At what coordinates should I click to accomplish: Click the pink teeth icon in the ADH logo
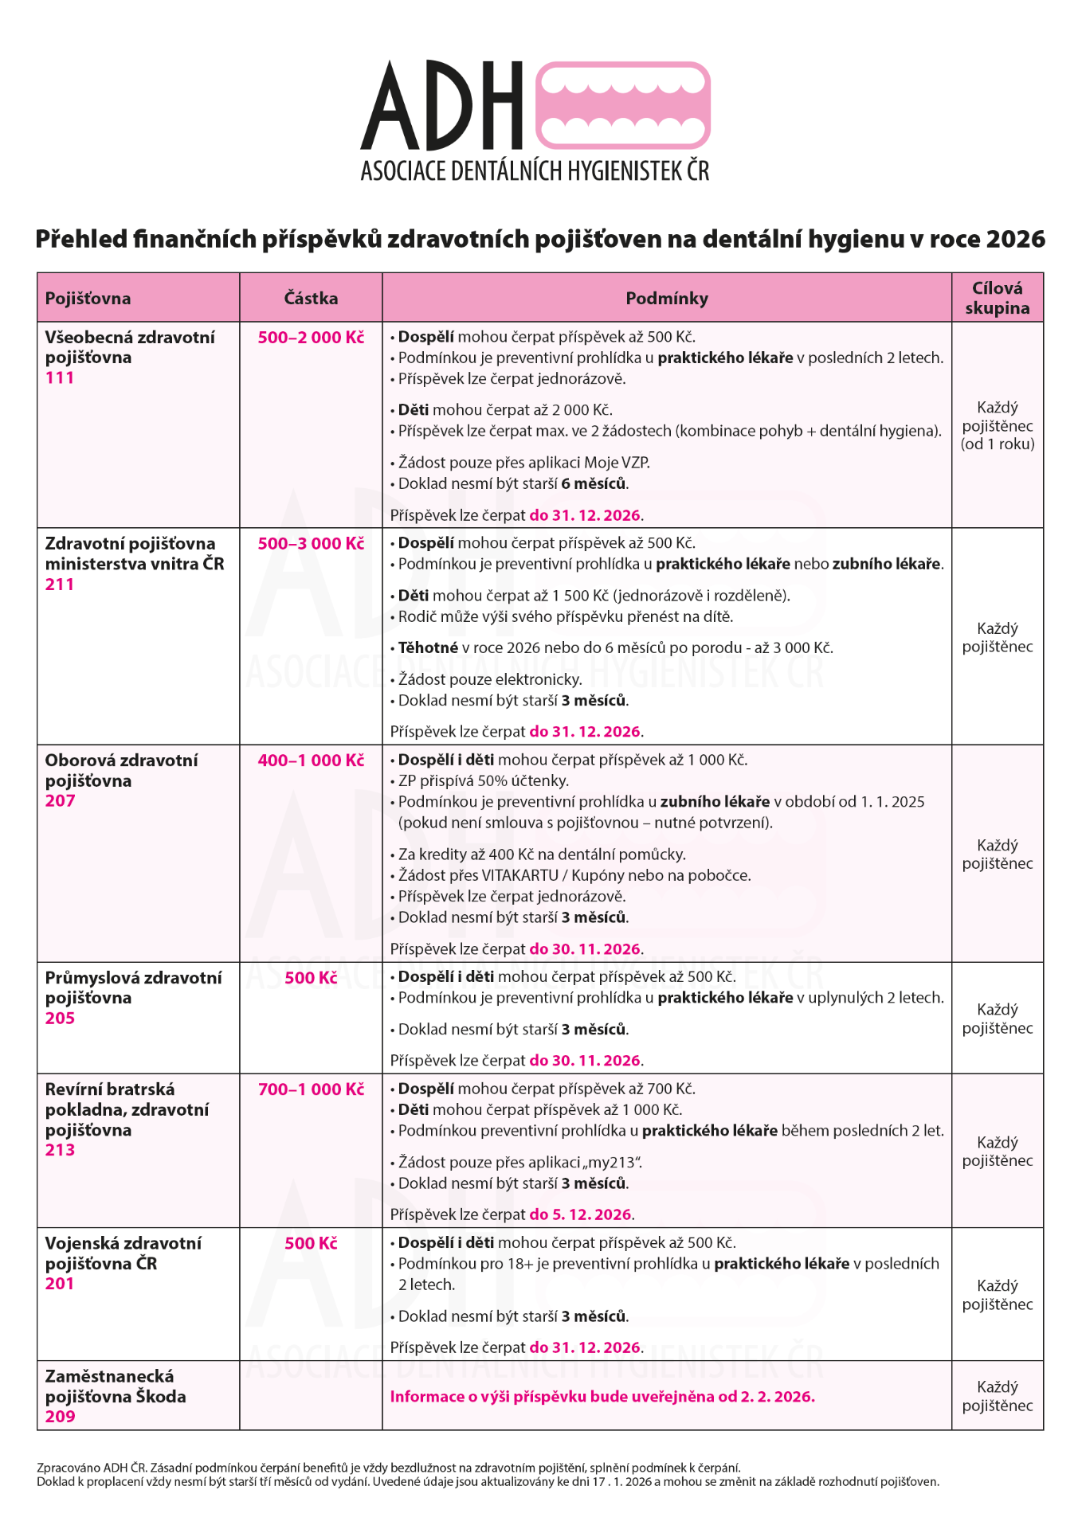click(622, 105)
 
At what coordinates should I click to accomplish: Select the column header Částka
click(311, 299)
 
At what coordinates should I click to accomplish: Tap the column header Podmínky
click(667, 299)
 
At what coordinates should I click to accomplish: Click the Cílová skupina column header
click(997, 298)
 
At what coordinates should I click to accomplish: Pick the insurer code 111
click(60, 378)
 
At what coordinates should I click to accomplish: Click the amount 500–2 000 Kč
click(311, 338)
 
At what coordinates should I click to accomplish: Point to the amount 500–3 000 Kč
click(311, 544)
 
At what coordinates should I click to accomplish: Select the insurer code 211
click(60, 585)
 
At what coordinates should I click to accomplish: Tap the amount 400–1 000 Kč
click(311, 761)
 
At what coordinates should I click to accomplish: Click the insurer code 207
click(60, 801)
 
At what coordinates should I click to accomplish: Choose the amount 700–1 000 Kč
click(311, 1089)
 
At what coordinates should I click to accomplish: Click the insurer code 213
click(60, 1150)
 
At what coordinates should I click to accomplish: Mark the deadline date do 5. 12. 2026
click(581, 1214)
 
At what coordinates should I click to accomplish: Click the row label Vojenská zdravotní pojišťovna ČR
click(123, 1253)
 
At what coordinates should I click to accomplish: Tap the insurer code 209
click(60, 1417)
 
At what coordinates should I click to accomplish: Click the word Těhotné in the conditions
click(428, 648)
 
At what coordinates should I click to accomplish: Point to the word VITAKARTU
click(520, 876)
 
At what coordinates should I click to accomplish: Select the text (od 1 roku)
click(998, 444)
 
